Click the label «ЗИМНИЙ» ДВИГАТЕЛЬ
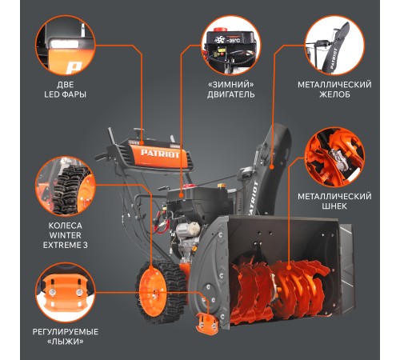(230, 90)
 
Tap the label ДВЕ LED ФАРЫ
(66, 90)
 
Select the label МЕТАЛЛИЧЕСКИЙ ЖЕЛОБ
(334, 90)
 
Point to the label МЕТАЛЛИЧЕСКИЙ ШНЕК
(334, 202)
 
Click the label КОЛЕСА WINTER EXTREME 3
(66, 235)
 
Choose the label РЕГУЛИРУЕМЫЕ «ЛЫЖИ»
(66, 337)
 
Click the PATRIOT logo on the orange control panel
(160, 154)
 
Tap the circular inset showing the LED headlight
(66, 45)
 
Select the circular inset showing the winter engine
(230, 45)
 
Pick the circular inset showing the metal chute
(334, 45)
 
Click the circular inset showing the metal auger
(334, 158)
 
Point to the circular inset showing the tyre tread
(66, 186)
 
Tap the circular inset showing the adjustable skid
(66, 293)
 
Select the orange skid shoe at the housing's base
(207, 323)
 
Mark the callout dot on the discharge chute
(272, 167)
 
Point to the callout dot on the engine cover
(181, 195)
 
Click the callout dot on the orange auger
(289, 267)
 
